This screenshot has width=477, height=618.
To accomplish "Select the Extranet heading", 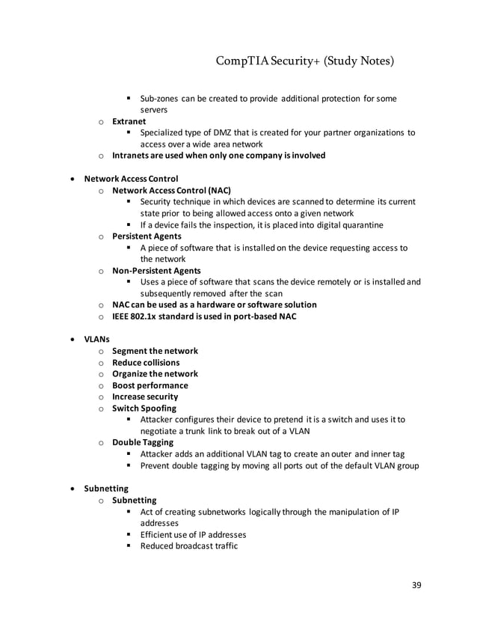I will (x=129, y=121).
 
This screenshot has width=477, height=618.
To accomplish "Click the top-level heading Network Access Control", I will (x=131, y=179).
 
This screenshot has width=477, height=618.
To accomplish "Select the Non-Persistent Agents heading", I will (x=156, y=270).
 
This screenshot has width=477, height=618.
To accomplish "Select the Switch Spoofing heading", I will (x=144, y=409).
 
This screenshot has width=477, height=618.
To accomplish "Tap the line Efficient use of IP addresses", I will (x=193, y=534).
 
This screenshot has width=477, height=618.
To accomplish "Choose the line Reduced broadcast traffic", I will (x=188, y=545).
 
